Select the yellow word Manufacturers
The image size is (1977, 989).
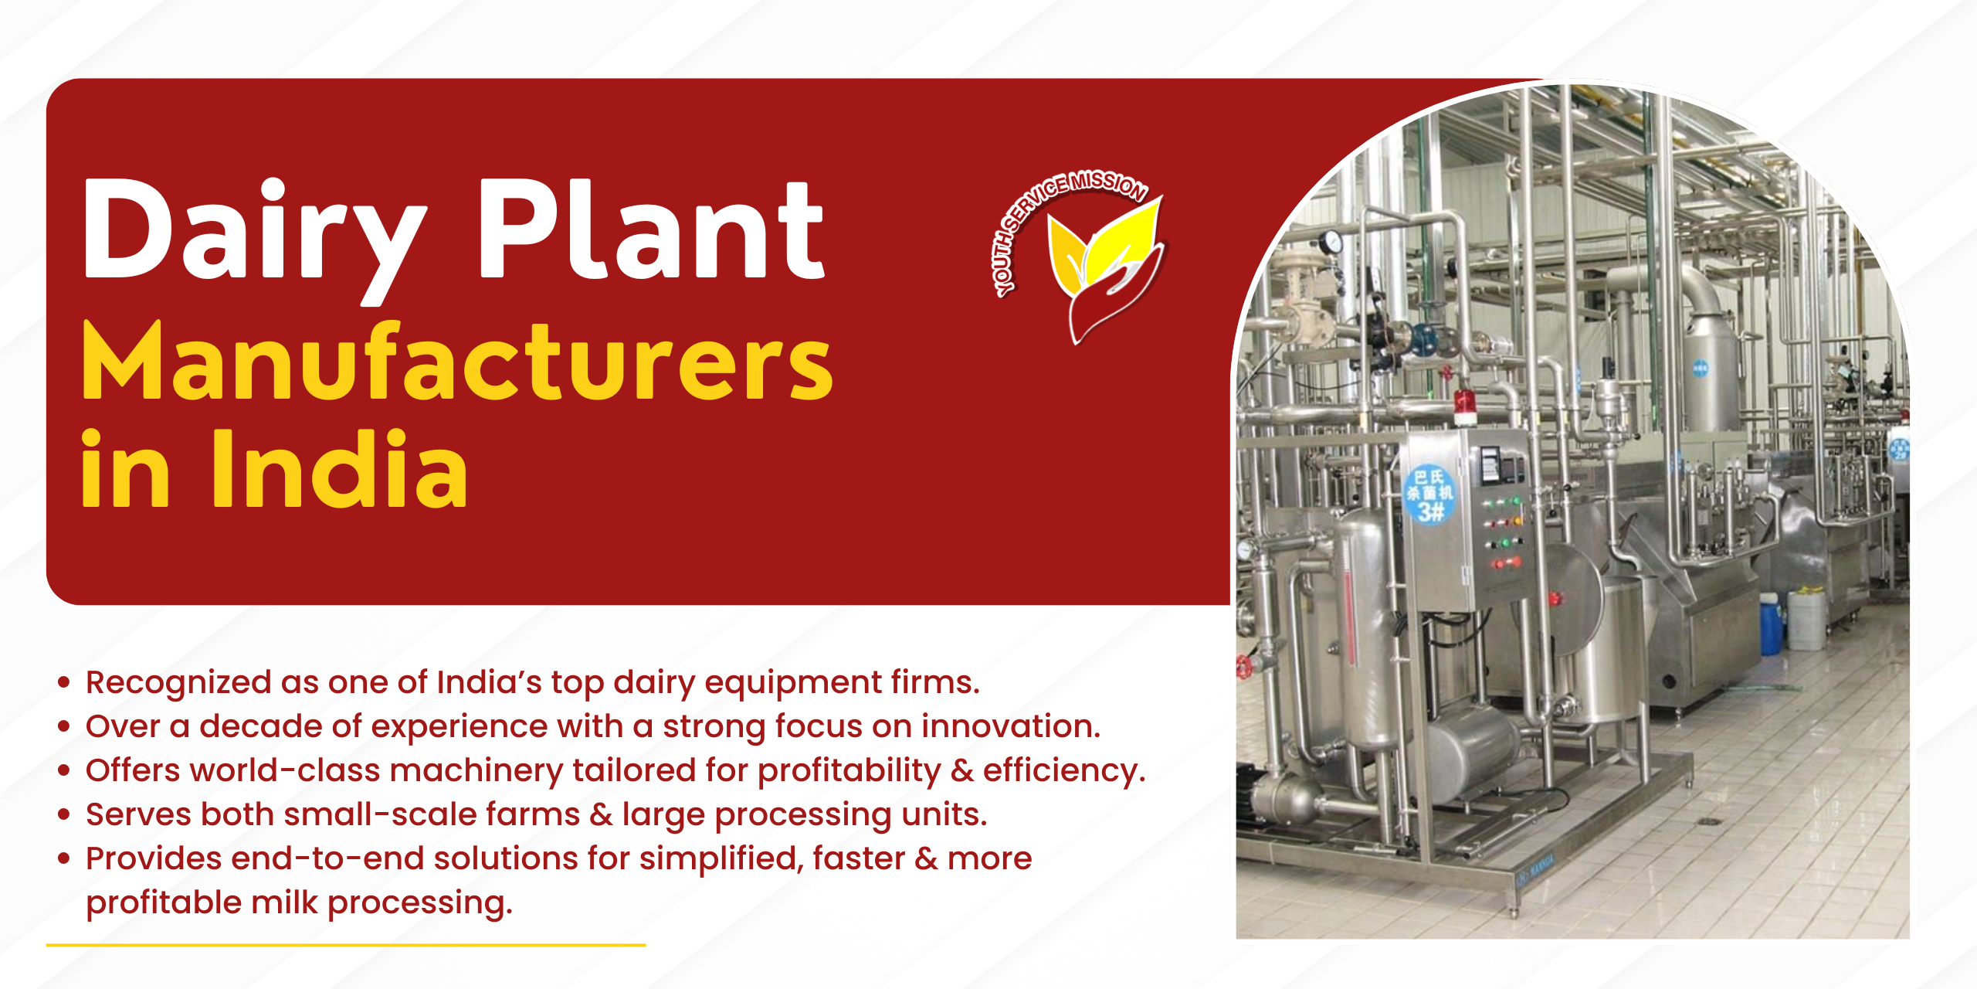[457, 361]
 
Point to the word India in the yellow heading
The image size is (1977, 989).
[340, 468]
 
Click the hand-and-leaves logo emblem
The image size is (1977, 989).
[1105, 267]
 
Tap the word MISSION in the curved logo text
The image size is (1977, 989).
[1108, 184]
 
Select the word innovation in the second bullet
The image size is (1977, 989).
[1011, 726]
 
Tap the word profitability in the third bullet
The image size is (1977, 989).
[849, 771]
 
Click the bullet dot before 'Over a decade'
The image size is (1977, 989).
[64, 726]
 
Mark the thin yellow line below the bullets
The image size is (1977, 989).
[346, 944]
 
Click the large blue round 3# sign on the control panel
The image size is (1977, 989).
[1429, 494]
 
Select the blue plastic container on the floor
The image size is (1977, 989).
[1771, 624]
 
